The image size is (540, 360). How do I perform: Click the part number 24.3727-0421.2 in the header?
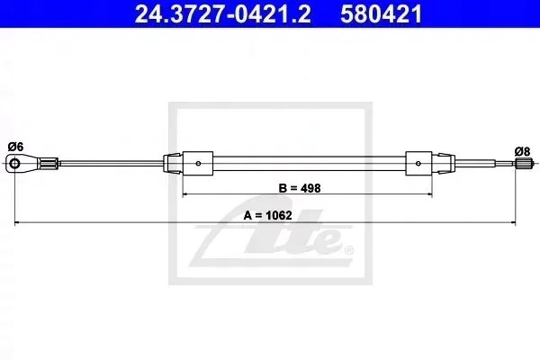tap(223, 14)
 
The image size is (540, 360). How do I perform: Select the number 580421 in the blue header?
tap(382, 14)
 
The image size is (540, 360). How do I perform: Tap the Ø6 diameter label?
tap(15, 147)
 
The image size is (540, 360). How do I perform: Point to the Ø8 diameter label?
tap(522, 151)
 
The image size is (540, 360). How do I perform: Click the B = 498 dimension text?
tap(300, 188)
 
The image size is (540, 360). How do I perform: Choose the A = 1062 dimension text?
tap(267, 216)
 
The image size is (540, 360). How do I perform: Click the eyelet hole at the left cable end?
tap(14, 163)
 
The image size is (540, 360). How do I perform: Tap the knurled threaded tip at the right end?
tap(524, 164)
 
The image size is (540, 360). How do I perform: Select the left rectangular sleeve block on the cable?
tap(198, 163)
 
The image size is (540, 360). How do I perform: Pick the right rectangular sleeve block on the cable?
tap(418, 163)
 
